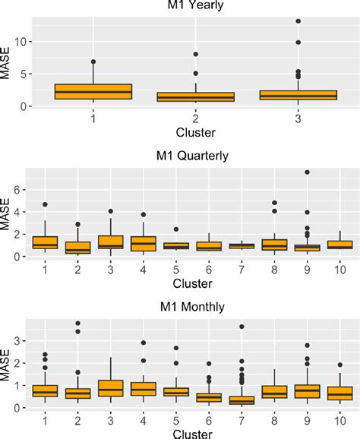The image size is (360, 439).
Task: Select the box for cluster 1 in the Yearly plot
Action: click(93, 91)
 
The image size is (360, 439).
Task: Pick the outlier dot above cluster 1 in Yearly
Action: click(93, 62)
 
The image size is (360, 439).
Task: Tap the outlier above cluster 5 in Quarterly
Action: click(175, 229)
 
